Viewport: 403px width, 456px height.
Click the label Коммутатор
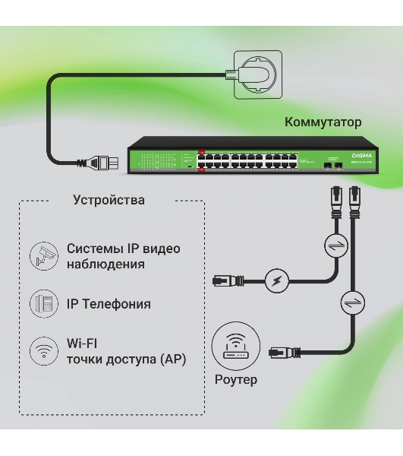click(323, 122)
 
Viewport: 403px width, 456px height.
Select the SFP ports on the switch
click(332, 163)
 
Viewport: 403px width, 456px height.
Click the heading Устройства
click(109, 201)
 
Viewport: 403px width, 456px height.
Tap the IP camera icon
click(43, 256)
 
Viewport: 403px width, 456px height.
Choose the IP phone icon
click(43, 304)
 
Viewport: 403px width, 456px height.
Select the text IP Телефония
click(109, 304)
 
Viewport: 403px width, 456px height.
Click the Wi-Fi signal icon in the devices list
click(43, 352)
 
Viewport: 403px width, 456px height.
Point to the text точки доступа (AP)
click(126, 359)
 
